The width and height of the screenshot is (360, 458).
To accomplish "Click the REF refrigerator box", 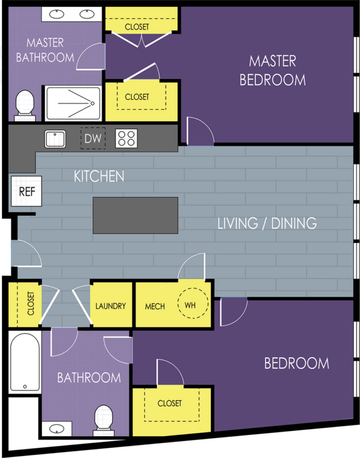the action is pos(26,191).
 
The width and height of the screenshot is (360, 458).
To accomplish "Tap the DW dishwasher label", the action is pos(93,138).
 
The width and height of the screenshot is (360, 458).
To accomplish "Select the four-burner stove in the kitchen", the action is pos(126,138).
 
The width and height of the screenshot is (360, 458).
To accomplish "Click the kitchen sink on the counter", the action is pos(55,139).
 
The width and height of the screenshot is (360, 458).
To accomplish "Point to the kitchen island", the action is pos(136,215).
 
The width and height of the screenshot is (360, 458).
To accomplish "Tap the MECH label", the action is pos(155,306).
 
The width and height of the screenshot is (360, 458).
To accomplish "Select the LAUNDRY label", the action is pos(110,306).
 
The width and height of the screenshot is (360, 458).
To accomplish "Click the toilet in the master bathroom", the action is pos(25,105).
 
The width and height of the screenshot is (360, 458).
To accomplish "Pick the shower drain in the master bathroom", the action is pos(92,104).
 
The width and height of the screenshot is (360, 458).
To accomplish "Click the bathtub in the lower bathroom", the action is pos(25,362).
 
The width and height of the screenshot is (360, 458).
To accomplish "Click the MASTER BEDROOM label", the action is pos(272,70).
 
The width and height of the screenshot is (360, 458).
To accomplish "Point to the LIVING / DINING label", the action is pos(267,223).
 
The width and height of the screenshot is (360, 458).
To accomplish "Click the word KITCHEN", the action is pos(99,176).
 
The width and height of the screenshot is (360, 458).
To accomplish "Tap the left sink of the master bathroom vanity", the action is pos(56,14).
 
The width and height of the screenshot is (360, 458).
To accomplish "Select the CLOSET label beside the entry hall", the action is pos(30,303).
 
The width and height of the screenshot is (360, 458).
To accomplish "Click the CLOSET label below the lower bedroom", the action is pos(169,403).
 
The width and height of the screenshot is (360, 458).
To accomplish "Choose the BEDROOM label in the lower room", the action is pos(297,363).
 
